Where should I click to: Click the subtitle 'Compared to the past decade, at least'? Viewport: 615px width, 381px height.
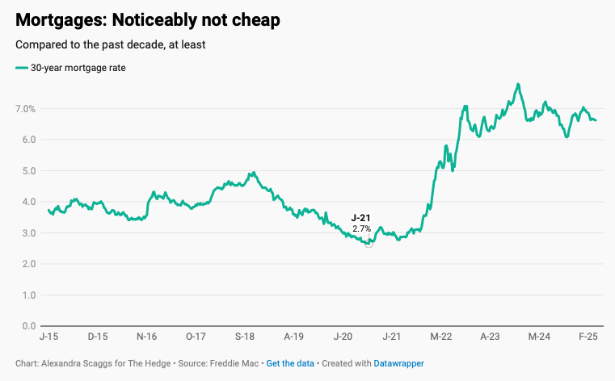111,44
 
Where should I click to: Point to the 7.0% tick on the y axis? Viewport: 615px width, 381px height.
26,108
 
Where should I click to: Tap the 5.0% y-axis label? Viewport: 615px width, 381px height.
26,170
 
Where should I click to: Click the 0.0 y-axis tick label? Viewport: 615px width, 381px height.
27,326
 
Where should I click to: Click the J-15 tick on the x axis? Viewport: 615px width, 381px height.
48,336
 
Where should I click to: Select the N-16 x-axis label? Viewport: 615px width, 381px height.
147,336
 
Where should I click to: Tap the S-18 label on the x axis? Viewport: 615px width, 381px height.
246,336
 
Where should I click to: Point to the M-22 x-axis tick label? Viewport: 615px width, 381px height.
441,336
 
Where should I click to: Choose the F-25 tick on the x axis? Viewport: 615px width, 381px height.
588,336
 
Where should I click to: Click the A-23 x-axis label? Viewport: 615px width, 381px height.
490,336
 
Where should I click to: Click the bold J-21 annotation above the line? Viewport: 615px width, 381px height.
361,218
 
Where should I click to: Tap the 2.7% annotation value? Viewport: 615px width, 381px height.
361,229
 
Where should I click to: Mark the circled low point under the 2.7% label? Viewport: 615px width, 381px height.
369,243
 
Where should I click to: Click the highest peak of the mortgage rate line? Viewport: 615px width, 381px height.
517,84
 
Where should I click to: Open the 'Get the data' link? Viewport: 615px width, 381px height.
290,364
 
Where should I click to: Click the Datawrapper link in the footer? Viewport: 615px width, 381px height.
398,364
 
